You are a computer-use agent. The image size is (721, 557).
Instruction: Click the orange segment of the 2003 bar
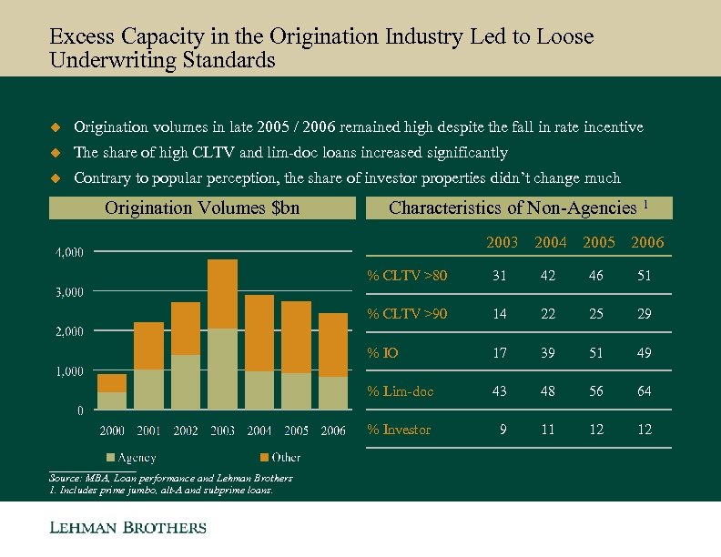pyautogui.click(x=222, y=294)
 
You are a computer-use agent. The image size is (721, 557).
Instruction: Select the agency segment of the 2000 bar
pyautogui.click(x=112, y=400)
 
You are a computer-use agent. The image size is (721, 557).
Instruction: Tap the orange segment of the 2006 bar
pyautogui.click(x=333, y=345)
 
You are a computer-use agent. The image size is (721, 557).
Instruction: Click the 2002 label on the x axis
pyautogui.click(x=185, y=430)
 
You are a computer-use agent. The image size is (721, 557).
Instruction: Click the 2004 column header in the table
pyautogui.click(x=550, y=242)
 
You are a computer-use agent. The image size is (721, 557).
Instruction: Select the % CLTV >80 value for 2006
pyautogui.click(x=644, y=276)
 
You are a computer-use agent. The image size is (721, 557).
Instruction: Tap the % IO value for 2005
pyautogui.click(x=596, y=353)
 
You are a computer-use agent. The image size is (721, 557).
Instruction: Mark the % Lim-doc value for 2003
pyautogui.click(x=501, y=391)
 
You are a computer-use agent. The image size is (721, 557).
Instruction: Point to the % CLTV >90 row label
pyautogui.click(x=406, y=314)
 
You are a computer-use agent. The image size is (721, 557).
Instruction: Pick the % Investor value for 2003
pyautogui.click(x=503, y=430)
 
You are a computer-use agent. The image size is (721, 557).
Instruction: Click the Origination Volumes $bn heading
pyautogui.click(x=202, y=208)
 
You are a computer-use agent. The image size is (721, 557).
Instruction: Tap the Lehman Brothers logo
pyautogui.click(x=127, y=528)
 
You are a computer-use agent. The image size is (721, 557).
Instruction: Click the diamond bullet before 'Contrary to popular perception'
pyautogui.click(x=54, y=177)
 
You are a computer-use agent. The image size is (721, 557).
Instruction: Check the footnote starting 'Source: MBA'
pyautogui.click(x=169, y=478)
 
